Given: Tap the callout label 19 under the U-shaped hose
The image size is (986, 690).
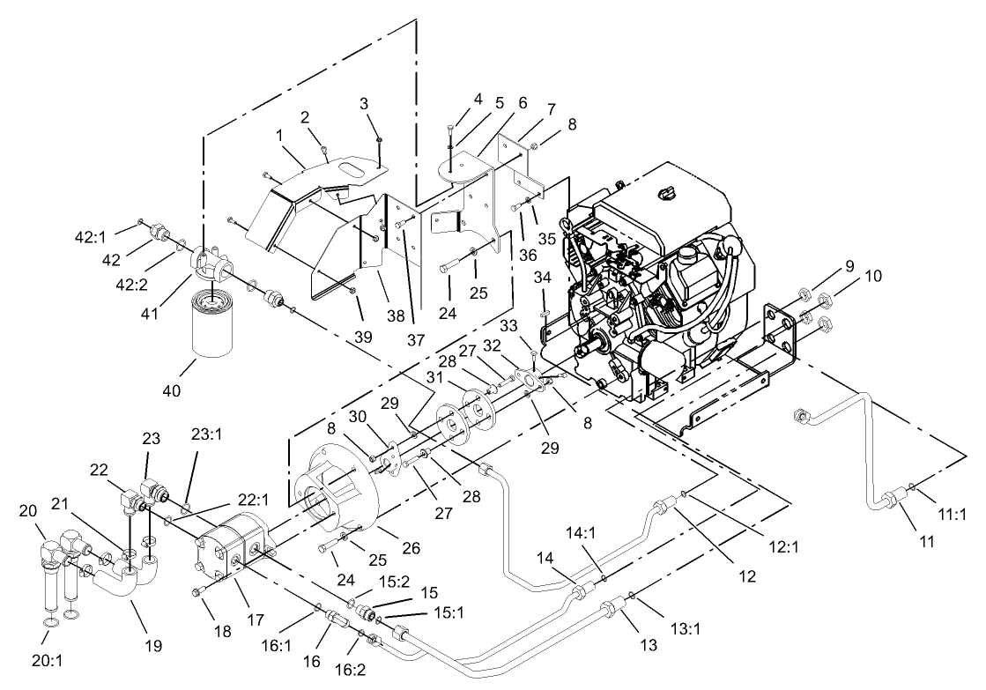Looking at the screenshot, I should [153, 646].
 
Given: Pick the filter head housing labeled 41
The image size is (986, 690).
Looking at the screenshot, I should [209, 262].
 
